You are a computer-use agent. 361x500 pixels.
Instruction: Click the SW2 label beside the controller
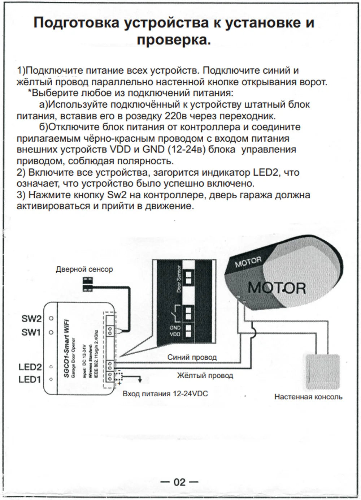[x=31, y=319]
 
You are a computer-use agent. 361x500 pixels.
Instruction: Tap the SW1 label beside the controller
[x=31, y=332]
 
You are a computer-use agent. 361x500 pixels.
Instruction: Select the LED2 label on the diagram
[x=30, y=367]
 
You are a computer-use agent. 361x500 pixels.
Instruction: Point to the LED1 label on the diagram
[x=30, y=379]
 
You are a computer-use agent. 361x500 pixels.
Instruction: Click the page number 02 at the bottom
[x=179, y=482]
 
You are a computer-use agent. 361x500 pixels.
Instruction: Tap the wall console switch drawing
[x=323, y=372]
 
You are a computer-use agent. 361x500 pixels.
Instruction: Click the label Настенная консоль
[x=308, y=397]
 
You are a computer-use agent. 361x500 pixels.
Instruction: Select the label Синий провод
[x=192, y=357]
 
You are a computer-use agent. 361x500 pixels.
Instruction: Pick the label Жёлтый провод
[x=205, y=376]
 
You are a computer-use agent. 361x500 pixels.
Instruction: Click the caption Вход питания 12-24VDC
[x=165, y=393]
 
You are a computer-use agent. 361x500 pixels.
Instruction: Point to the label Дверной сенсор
[x=84, y=269]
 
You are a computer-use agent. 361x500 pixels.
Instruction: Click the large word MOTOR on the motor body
[x=277, y=288]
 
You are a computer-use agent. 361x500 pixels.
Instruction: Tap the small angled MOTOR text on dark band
[x=248, y=262]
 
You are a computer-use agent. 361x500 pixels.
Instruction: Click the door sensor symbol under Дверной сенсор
[x=88, y=283]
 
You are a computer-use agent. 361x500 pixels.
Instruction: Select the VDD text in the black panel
[x=175, y=334]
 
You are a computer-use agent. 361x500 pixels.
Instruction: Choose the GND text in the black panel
[x=175, y=328]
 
